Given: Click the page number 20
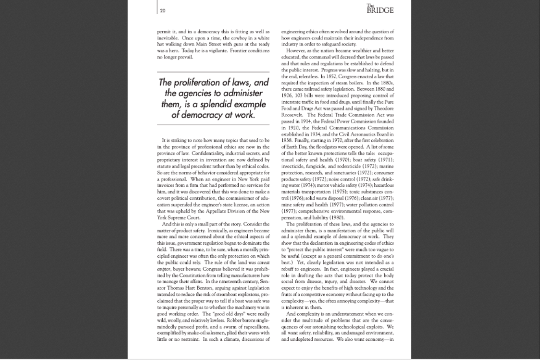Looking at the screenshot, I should (162, 10).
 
